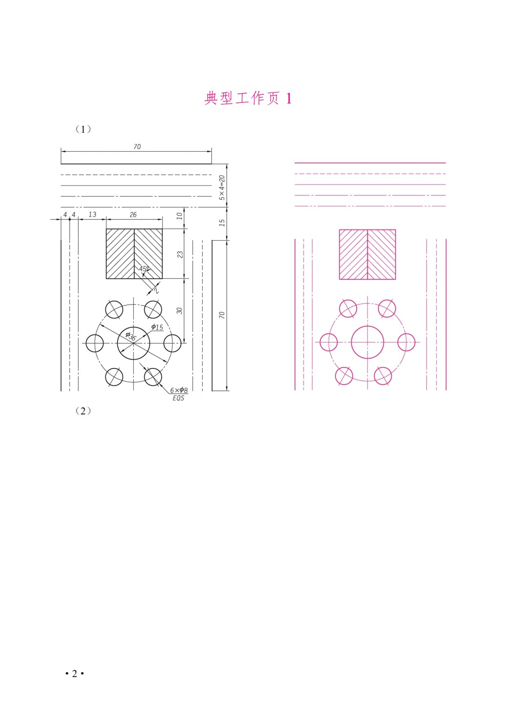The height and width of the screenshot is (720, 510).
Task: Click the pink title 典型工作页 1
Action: [x=248, y=98]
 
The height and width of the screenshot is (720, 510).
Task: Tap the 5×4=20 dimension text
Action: [x=222, y=188]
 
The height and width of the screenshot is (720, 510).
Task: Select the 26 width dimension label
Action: [x=133, y=214]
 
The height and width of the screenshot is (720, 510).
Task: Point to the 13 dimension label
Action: [x=92, y=214]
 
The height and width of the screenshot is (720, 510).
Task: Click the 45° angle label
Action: [x=144, y=268]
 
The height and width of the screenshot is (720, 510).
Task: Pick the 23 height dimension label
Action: [x=180, y=254]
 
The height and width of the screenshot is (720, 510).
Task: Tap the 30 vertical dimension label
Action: [x=180, y=310]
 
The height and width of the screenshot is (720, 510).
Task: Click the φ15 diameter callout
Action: [x=157, y=327]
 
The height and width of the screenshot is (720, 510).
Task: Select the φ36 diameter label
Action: [x=130, y=336]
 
